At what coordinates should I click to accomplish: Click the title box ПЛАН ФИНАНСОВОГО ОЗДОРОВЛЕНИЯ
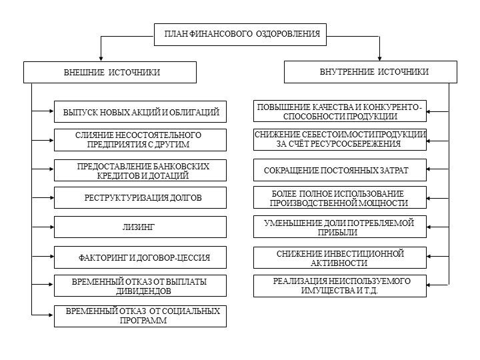(x=240, y=35)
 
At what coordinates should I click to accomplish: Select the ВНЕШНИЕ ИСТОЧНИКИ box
(x=110, y=72)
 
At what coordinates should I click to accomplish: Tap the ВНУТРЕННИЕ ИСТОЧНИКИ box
(x=371, y=72)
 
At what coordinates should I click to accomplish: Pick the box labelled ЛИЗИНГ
(x=140, y=227)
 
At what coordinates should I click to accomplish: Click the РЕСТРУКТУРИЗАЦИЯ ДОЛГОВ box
(x=140, y=198)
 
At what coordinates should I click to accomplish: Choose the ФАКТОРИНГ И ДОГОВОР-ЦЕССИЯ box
(x=140, y=257)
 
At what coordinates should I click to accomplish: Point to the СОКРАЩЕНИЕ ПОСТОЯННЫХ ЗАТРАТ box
(x=340, y=170)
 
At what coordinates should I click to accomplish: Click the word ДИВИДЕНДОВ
(x=143, y=291)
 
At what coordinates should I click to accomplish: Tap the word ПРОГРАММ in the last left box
(x=143, y=321)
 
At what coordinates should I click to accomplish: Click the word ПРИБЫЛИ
(x=337, y=233)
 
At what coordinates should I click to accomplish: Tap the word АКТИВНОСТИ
(x=339, y=263)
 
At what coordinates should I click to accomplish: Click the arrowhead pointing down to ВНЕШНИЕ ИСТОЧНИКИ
(x=101, y=59)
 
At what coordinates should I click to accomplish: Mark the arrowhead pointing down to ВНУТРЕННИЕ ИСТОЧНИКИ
(x=379, y=59)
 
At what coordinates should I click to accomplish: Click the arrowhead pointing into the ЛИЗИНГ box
(x=52, y=227)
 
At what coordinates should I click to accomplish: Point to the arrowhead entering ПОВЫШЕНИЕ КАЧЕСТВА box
(x=429, y=112)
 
